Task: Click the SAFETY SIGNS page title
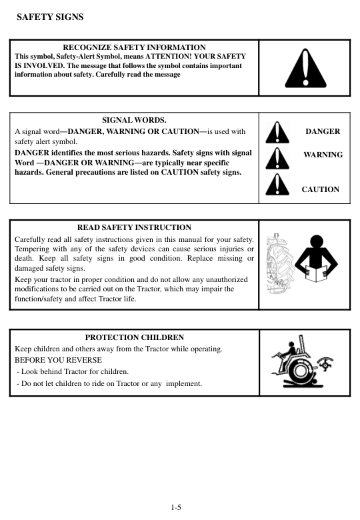(45, 16)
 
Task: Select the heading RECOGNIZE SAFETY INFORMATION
(134, 47)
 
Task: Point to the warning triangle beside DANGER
(277, 132)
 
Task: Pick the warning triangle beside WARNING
(277, 158)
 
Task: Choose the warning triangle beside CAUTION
(277, 185)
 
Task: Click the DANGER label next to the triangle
(323, 131)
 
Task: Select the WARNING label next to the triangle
(323, 155)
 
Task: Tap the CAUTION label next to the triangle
(320, 189)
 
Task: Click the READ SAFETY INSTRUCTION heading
(134, 228)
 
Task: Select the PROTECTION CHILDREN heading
(134, 338)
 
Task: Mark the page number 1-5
(176, 508)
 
